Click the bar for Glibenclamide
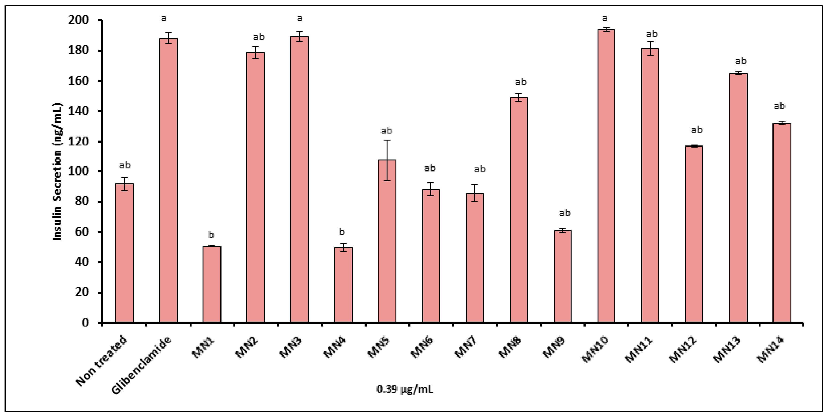[x=168, y=180]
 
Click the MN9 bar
[x=562, y=276]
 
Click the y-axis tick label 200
[x=78, y=20]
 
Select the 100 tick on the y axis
[x=78, y=171]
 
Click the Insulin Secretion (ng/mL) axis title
[x=58, y=171]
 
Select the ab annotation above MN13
[x=740, y=60]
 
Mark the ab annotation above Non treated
[x=125, y=165]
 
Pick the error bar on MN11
[x=650, y=48]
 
